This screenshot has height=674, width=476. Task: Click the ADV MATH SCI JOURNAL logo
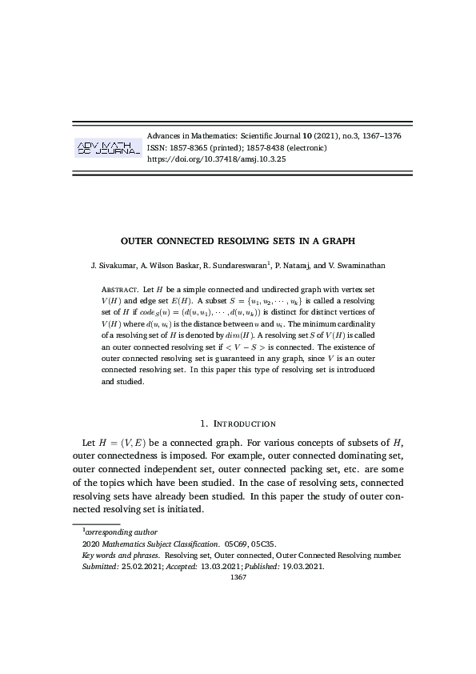[108, 147]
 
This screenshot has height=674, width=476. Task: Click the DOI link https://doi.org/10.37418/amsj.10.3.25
[217, 159]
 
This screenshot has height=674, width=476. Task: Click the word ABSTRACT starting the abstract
[119, 287]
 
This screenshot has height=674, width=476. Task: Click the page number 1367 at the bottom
[238, 576]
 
